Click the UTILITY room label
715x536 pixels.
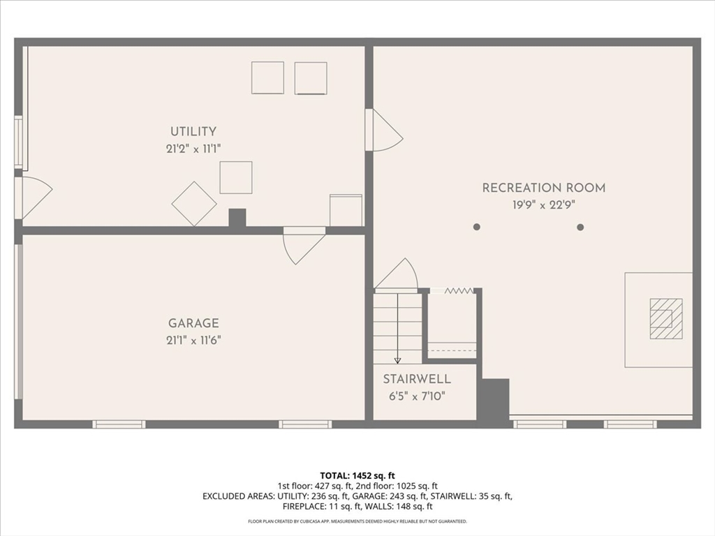pos(193,131)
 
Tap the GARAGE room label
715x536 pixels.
pos(193,323)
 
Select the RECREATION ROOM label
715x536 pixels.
pos(544,188)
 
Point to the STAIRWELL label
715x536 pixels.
pos(417,380)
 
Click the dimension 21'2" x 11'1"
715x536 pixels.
pos(193,148)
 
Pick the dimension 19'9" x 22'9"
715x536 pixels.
pos(544,204)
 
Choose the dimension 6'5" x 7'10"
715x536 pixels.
pos(417,396)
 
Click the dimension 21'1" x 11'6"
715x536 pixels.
pos(193,340)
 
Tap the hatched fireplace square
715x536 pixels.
pos(666,318)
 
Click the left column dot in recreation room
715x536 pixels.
pos(477,227)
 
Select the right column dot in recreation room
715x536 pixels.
pos(580,227)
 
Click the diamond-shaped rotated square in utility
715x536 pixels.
pos(194,204)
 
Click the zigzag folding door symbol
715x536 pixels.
pos(459,290)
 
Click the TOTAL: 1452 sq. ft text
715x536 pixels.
pos(357,475)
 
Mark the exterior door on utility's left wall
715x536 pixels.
pos(34,197)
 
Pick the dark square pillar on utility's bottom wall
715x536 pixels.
pos(237,218)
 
